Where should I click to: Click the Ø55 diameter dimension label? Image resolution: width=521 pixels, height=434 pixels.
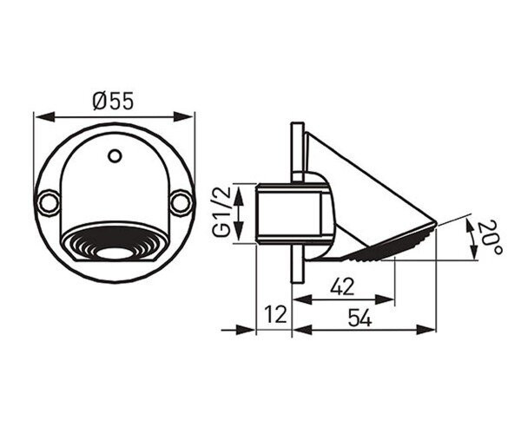113,101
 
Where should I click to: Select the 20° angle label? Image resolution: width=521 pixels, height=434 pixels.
490,237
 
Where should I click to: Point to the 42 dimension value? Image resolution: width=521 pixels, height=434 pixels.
343,287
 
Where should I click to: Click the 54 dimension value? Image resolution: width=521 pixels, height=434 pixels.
359,317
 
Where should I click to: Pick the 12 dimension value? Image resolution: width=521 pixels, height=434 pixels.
275,314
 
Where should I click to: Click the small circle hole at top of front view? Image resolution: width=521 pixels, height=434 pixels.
115,155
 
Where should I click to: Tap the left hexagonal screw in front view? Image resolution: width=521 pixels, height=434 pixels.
49,203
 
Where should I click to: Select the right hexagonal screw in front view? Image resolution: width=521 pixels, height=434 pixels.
181,203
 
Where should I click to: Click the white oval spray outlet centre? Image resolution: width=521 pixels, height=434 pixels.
115,253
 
